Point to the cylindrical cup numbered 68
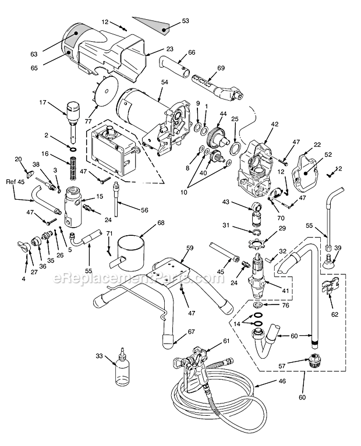pos(133,249)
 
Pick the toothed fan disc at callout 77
pos(107,91)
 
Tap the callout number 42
pos(275,124)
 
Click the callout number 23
pos(154,50)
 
